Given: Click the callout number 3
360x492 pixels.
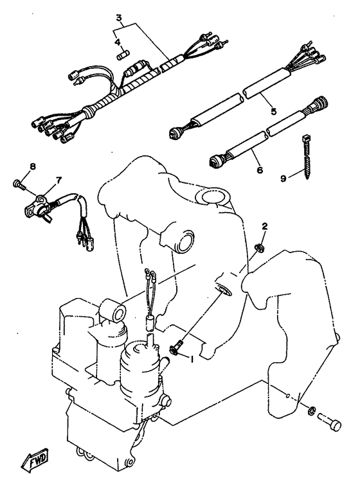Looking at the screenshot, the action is (x=119, y=18).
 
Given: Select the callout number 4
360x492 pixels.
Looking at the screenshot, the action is (x=118, y=42).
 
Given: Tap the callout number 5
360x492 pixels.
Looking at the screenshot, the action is (x=274, y=110).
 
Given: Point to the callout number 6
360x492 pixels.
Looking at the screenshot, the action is (x=260, y=170).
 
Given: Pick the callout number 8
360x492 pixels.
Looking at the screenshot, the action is (x=32, y=166).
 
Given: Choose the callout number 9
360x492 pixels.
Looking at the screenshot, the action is (x=283, y=179).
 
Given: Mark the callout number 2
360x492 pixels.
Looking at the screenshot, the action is (x=265, y=225).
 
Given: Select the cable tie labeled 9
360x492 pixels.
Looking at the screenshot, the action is (x=306, y=157).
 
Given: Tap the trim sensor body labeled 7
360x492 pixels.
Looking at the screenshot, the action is (x=37, y=206).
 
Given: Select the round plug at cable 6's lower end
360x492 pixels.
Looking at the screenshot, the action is (x=216, y=161).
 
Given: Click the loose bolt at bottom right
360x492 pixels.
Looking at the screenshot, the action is (x=329, y=424).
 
